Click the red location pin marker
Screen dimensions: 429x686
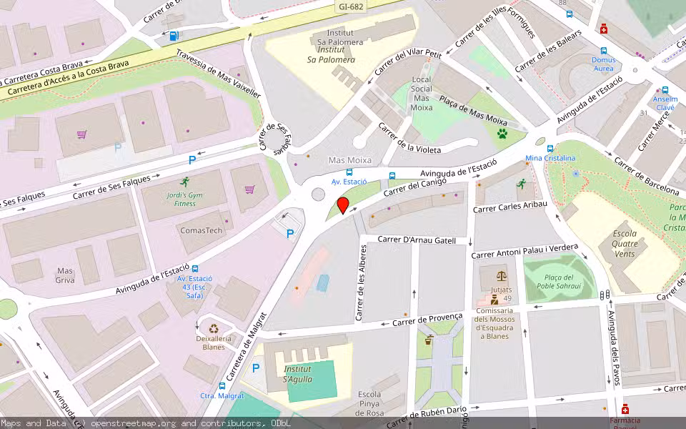(x=343, y=206)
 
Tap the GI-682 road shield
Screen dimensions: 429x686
(x=350, y=6)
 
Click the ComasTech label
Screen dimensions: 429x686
(x=201, y=230)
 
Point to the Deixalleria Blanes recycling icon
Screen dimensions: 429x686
(x=214, y=330)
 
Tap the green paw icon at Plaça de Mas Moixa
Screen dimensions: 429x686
(x=503, y=134)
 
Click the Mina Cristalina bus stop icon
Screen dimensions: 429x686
(x=550, y=148)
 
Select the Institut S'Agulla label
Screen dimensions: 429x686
(x=297, y=374)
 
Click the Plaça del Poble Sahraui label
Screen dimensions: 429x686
(x=559, y=282)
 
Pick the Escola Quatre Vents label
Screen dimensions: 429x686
(x=624, y=243)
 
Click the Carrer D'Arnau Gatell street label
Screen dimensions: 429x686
(x=416, y=240)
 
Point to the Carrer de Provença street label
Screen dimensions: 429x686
(x=427, y=319)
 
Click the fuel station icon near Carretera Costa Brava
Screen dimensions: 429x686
(x=174, y=34)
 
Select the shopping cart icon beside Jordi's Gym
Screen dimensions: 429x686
(x=249, y=189)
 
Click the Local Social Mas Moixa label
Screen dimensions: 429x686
(x=422, y=93)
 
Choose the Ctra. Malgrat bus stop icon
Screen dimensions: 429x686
(x=203, y=386)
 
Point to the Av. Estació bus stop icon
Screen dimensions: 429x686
(x=349, y=172)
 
